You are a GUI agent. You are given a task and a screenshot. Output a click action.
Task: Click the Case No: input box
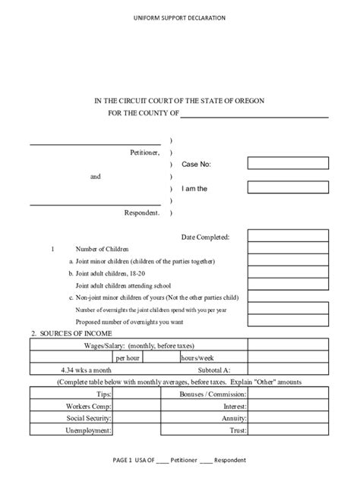(287, 163)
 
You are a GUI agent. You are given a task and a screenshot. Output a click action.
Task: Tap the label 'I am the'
(194, 188)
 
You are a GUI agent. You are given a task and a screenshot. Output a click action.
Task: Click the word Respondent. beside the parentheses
(142, 213)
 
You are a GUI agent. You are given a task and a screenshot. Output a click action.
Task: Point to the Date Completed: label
(205, 237)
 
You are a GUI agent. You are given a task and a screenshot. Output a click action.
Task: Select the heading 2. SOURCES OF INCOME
(71, 334)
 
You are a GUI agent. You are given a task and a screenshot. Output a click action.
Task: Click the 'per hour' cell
(128, 357)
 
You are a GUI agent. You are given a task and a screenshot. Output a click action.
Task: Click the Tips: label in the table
(103, 395)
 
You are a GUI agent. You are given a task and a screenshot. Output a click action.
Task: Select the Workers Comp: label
(90, 407)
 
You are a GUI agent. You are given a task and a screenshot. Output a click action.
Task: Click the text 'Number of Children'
(103, 249)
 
